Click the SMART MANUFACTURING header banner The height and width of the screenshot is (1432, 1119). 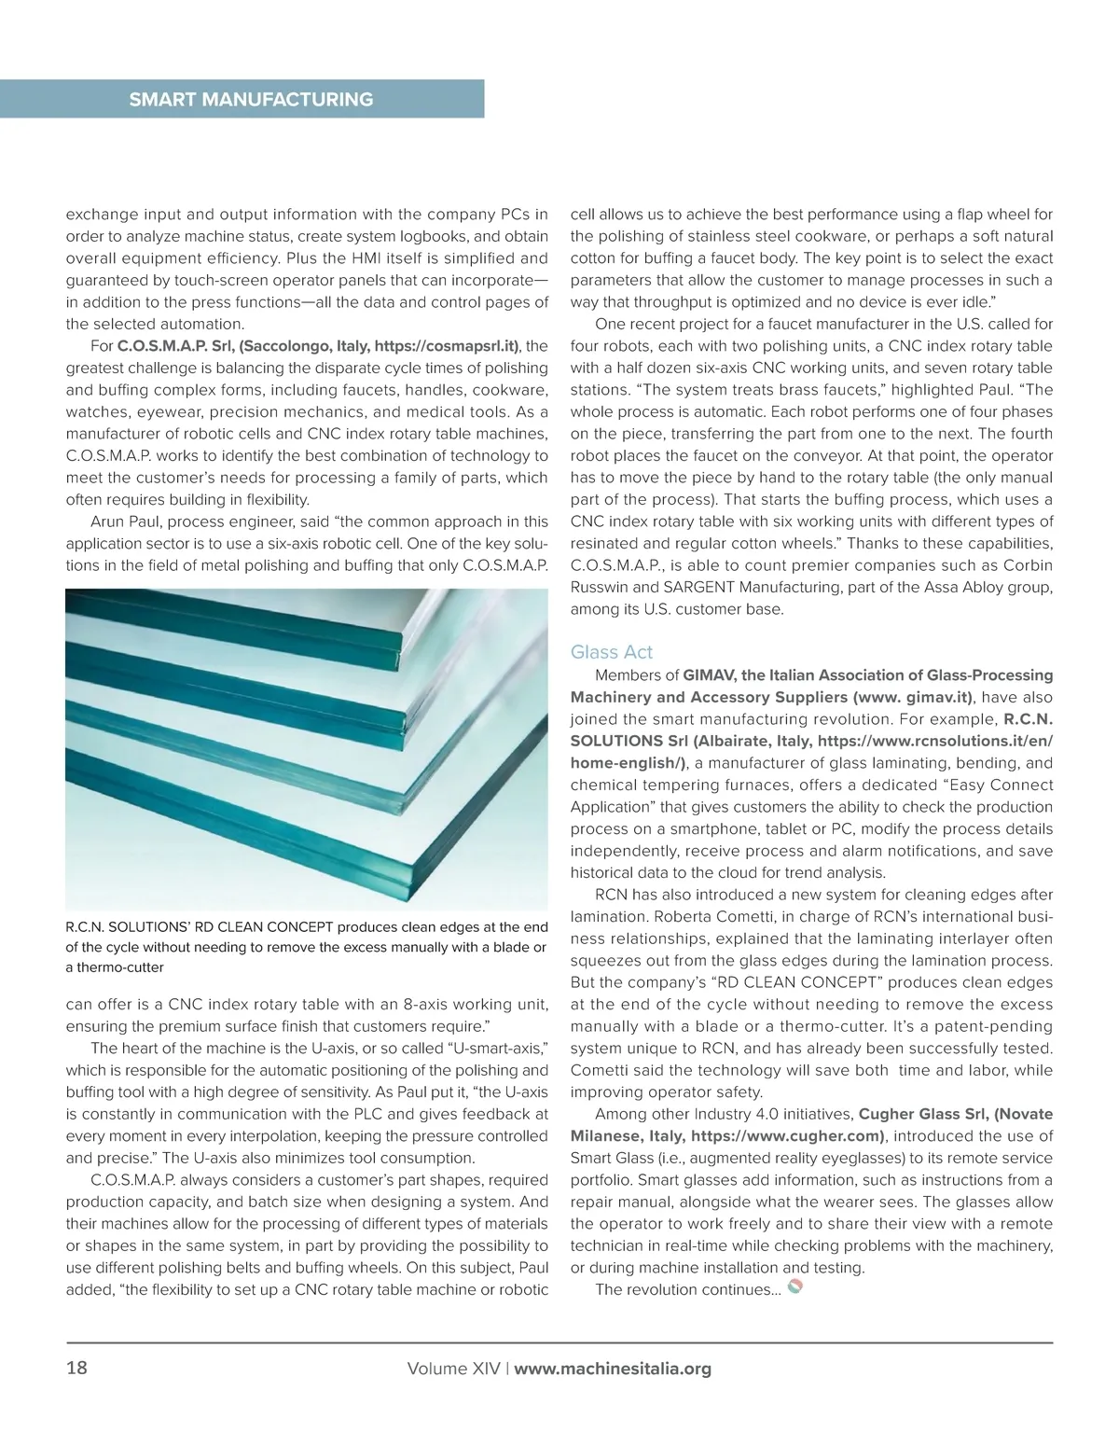point(251,99)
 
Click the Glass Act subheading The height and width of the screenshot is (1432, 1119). point(612,651)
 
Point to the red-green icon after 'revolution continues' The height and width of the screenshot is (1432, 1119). point(795,1288)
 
